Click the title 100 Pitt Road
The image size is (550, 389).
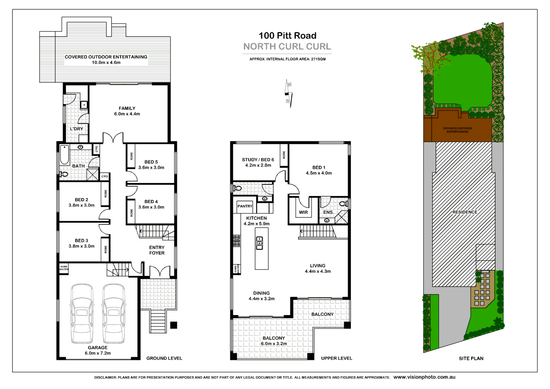pos(287,36)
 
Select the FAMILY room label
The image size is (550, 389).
pos(127,108)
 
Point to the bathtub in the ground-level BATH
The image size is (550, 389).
pos(64,154)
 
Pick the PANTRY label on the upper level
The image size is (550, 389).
pos(245,206)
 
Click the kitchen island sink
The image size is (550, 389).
pos(259,243)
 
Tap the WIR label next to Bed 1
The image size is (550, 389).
pos(303,213)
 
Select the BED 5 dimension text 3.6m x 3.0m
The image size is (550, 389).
pos(151,168)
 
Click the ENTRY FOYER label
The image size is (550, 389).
pos(157,250)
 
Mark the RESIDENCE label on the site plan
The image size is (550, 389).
pos(465,212)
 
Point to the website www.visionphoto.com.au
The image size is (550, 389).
pos(424,377)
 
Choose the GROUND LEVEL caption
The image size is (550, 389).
pos(164,358)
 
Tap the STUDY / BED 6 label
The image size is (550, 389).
pos(258,160)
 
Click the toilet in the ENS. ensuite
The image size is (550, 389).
pos(343,204)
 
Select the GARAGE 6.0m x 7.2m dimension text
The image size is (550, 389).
pos(98,353)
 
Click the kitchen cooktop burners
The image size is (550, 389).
pos(237,241)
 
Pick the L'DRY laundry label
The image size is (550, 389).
pos(77,129)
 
